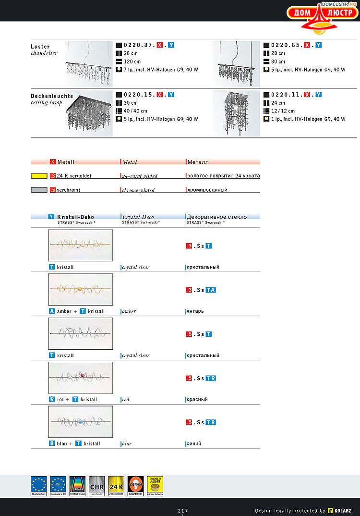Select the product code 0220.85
click(286, 45)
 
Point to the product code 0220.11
click(286, 95)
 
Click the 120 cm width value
click(132, 61)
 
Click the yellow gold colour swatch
click(39, 176)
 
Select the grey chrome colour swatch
click(39, 190)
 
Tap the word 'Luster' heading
click(40, 47)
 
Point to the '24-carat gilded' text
click(140, 176)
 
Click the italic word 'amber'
click(129, 311)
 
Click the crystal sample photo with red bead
click(81, 378)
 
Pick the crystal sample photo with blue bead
click(81, 422)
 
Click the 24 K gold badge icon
click(116, 485)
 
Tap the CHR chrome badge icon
click(96, 485)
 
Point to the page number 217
click(183, 510)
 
